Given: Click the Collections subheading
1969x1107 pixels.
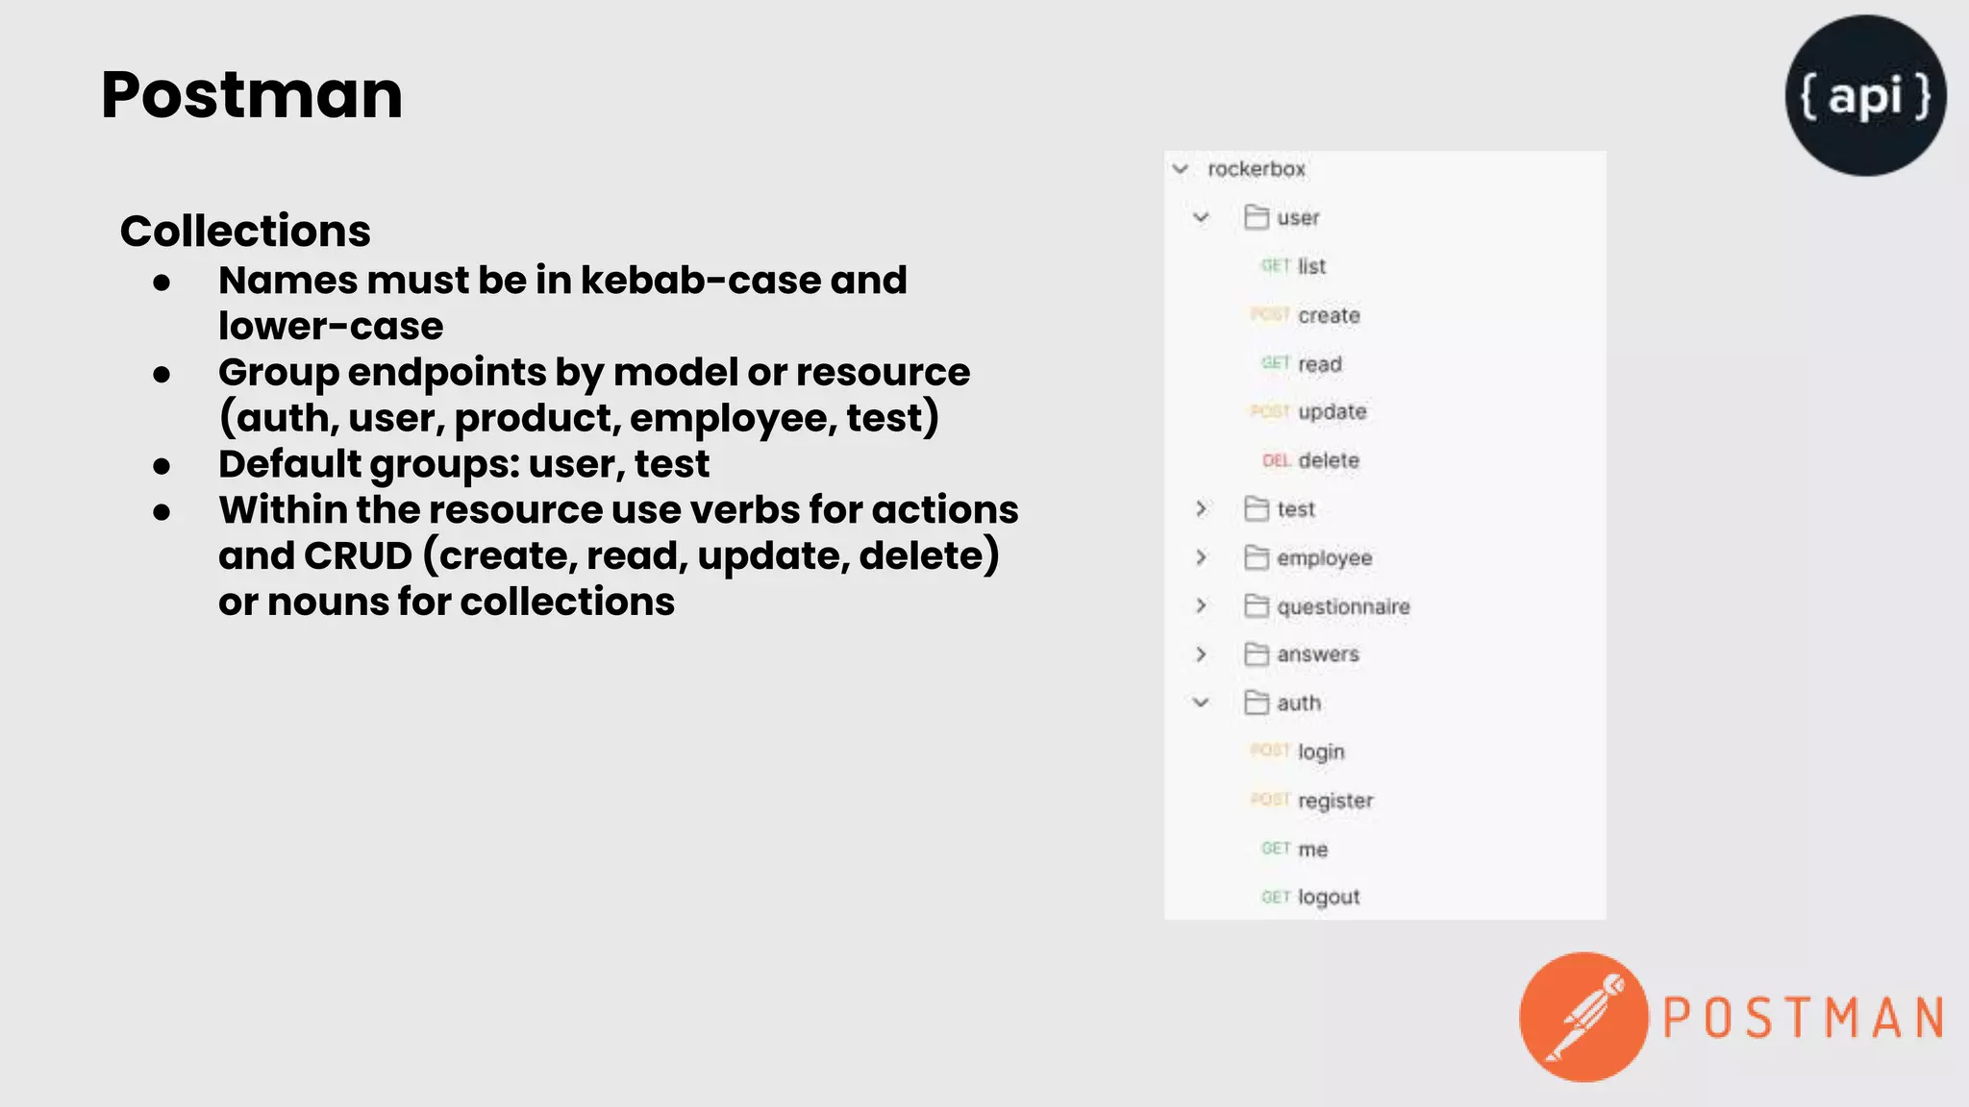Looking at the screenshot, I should [245, 231].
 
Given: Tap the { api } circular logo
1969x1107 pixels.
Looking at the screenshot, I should [1865, 95].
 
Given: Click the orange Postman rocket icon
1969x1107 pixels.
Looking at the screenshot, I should [1583, 1018].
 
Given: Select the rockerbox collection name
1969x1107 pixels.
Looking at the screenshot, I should [1257, 169].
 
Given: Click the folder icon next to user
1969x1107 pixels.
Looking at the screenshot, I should [1256, 217].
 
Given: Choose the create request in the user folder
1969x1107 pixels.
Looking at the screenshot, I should [1329, 315].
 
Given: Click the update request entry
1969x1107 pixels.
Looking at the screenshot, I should [1332, 411].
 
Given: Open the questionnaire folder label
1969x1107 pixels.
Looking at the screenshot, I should [1343, 606].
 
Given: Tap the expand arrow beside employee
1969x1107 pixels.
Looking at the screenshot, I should [1201, 557].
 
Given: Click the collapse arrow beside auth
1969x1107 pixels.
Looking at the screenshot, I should [1201, 702].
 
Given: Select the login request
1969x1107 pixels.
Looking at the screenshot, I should [1321, 751].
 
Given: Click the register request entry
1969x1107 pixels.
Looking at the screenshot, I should [1335, 800].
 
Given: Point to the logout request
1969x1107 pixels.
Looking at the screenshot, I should [1329, 897].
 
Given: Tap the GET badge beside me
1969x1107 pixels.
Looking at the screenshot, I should [1275, 849].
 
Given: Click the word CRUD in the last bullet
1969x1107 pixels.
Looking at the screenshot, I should [358, 556].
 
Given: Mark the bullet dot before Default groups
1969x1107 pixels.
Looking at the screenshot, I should [162, 466].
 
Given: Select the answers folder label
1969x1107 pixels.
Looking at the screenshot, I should [1317, 654].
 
